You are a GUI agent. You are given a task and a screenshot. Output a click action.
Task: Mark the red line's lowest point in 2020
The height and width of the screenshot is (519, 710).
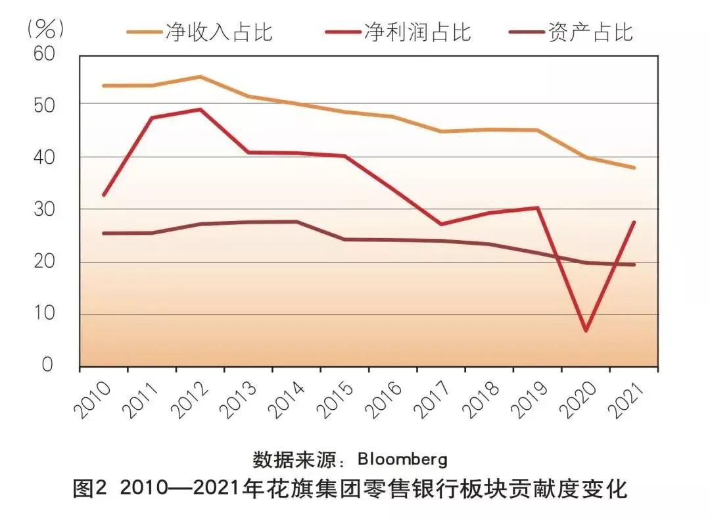[586, 330]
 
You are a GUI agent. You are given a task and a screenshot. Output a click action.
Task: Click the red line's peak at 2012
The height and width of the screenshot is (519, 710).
[200, 109]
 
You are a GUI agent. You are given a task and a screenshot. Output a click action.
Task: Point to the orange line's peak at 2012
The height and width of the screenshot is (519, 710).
[200, 76]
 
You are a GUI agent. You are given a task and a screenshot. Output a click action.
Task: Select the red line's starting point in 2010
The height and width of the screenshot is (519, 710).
[104, 195]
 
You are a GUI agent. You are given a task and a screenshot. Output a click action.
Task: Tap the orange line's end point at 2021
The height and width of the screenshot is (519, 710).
[634, 168]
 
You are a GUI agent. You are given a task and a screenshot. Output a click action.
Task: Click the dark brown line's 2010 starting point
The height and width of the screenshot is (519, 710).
[104, 233]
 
